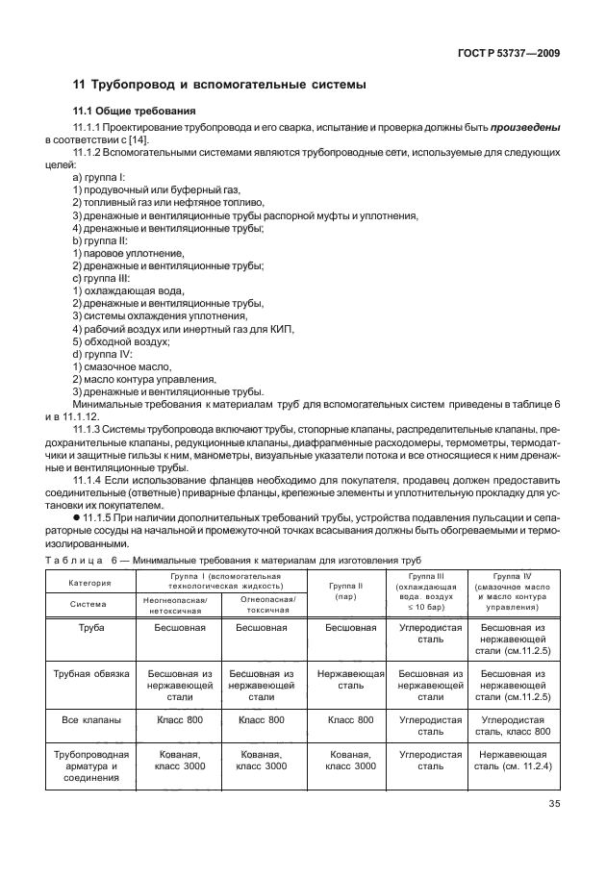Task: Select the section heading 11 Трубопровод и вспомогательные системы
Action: pos(220,85)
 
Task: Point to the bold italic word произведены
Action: pos(526,127)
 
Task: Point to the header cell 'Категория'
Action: pos(89,583)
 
